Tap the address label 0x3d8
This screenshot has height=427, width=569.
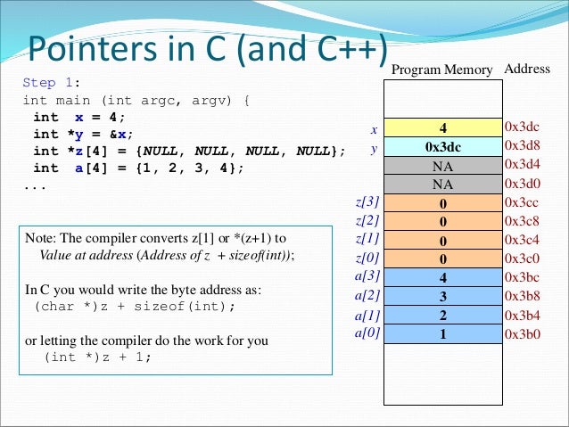tap(523, 146)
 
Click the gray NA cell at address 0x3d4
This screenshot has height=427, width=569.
tap(442, 166)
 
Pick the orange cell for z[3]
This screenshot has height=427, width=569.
tap(442, 203)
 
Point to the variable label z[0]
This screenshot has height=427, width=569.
tap(367, 259)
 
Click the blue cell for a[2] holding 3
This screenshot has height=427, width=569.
tap(442, 296)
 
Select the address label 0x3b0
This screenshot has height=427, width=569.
tap(523, 333)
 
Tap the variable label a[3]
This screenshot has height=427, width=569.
tap(367, 277)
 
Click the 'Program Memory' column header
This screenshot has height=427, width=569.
tap(442, 70)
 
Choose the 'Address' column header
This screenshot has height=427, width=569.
tap(527, 69)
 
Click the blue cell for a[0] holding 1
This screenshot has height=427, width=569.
tap(442, 333)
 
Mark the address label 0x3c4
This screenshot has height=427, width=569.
tap(523, 240)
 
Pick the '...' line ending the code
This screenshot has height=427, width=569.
tap(34, 185)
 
